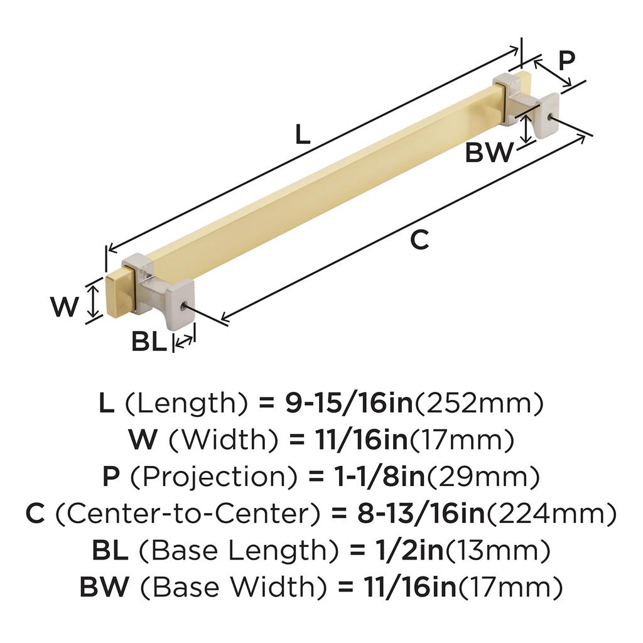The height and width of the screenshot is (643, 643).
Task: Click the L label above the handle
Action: coord(303,135)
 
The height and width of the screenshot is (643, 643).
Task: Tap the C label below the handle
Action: coord(419,240)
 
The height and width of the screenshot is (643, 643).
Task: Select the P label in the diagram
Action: coord(567,61)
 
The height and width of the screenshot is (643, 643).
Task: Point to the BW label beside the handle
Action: coord(489,153)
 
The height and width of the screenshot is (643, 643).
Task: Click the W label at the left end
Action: coord(65,306)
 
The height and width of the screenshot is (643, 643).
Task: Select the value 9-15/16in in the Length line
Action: coord(349,403)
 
